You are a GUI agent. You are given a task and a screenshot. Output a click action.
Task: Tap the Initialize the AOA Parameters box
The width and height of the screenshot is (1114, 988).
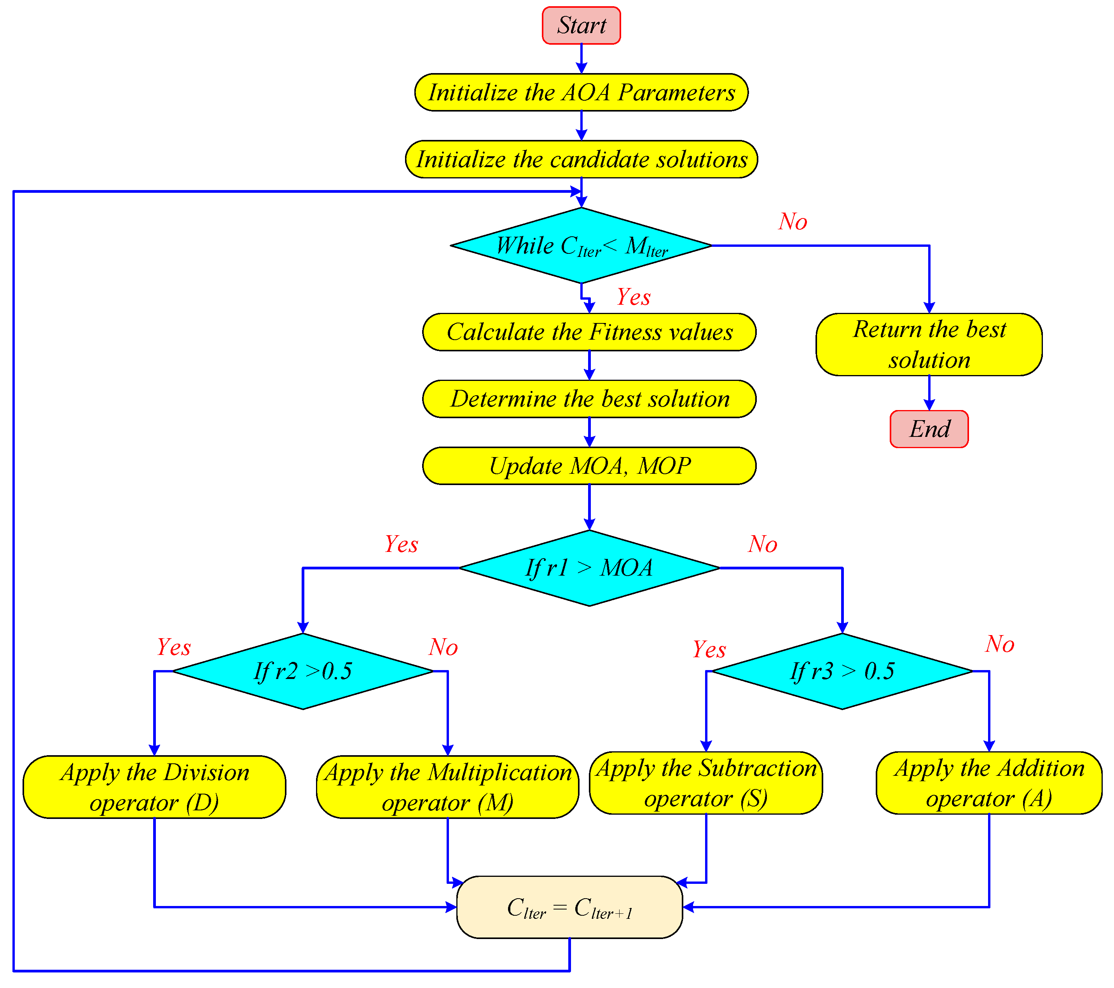581,93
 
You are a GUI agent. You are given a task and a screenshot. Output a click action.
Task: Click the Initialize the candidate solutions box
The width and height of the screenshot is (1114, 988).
581,159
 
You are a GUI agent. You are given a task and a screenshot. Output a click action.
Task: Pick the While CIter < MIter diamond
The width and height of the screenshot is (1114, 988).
581,246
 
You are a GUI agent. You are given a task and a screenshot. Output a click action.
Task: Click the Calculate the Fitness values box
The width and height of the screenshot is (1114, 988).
589,332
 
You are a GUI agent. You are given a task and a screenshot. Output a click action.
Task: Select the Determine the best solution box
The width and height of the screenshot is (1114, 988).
589,399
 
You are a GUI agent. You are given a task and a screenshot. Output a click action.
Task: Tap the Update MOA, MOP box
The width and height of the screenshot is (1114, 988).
589,466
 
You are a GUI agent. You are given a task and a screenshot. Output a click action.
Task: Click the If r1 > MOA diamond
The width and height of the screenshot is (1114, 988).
589,568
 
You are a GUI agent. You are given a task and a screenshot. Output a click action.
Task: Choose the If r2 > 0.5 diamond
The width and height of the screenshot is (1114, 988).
303,671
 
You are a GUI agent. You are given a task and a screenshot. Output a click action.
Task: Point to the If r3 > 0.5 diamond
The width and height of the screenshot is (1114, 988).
842,671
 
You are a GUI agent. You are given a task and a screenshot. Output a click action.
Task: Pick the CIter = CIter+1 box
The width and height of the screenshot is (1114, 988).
569,907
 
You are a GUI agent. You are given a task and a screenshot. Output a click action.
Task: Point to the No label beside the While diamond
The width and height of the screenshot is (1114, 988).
793,222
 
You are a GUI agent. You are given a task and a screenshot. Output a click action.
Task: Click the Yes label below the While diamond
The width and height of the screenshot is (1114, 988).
633,297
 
